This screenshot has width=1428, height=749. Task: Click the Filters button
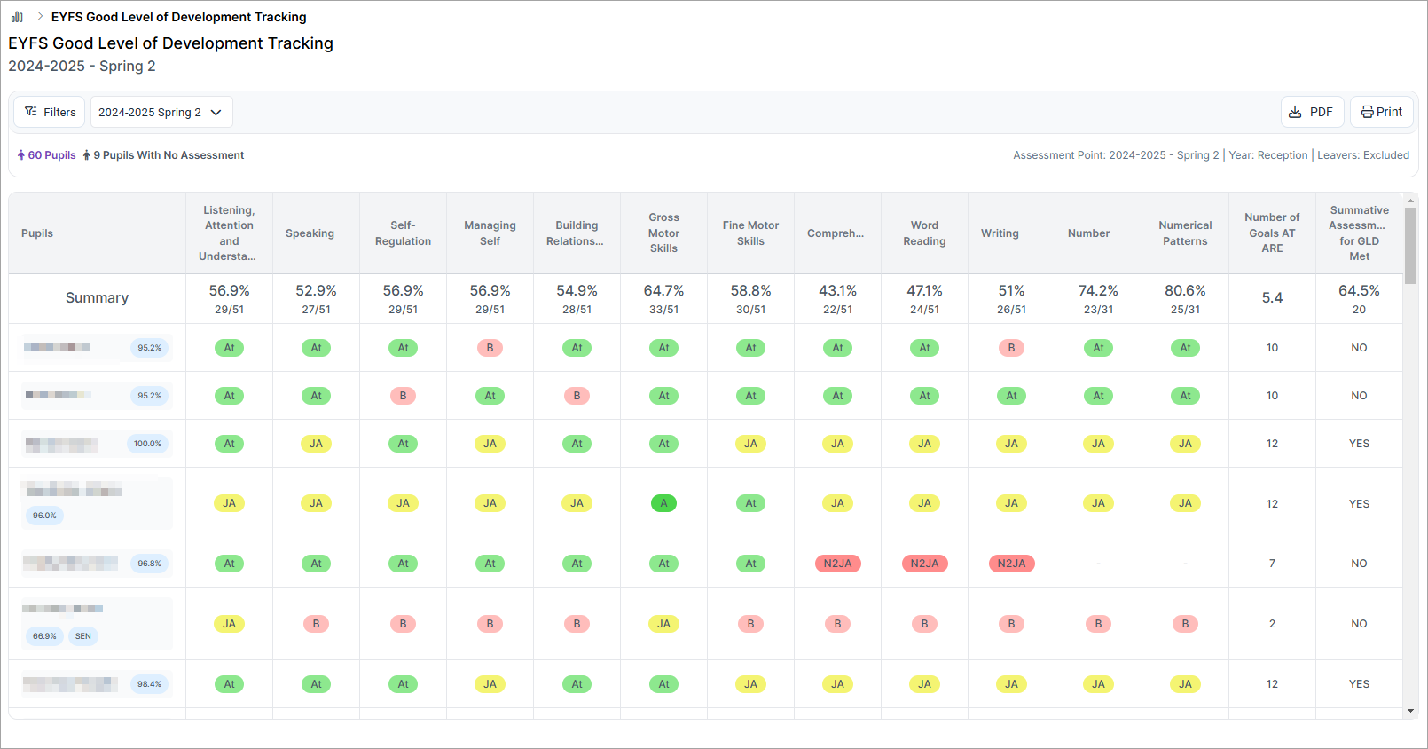point(50,113)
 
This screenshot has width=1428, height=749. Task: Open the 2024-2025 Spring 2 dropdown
point(161,113)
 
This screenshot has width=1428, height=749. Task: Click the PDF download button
point(1312,113)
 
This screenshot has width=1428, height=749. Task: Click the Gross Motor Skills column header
point(663,233)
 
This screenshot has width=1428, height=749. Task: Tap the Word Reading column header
point(924,233)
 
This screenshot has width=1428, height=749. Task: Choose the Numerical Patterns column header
point(1185,233)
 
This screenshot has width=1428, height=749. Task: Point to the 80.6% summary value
point(1185,291)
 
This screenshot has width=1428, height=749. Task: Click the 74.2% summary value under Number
point(1098,291)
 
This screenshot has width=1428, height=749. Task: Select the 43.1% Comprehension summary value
point(837,291)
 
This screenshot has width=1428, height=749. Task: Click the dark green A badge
point(663,503)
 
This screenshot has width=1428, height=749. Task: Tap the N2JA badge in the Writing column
point(1011,564)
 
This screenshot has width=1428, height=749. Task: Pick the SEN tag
point(83,636)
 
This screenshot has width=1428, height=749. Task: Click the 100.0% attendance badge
point(147,444)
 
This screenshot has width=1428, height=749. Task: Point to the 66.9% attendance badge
point(44,636)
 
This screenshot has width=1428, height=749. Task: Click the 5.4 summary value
point(1272,298)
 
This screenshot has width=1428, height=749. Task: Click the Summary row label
point(97,298)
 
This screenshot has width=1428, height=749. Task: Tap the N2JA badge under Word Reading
point(924,564)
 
